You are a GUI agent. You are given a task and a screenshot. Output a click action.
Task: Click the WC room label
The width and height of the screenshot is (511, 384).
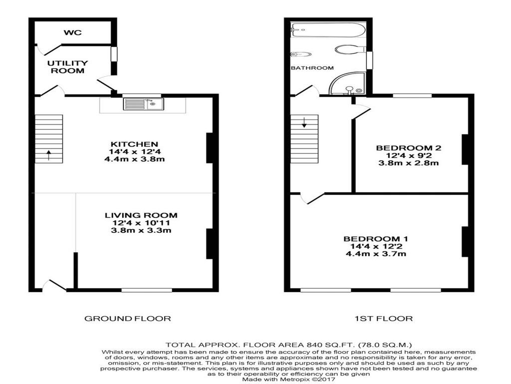tap(73, 32)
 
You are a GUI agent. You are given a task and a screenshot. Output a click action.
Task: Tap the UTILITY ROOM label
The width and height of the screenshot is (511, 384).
tap(68, 67)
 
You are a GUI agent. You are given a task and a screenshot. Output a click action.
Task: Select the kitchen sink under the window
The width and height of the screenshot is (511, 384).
tap(143, 104)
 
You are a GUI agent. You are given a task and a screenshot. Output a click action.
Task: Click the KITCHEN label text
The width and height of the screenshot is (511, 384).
tap(134, 144)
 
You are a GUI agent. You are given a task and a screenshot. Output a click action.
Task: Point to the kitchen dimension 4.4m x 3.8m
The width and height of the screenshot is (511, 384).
tap(134, 159)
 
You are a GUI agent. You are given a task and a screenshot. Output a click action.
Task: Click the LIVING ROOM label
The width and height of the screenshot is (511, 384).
tap(141, 215)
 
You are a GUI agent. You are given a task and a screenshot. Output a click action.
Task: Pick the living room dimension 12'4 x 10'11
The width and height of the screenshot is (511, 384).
tap(141, 223)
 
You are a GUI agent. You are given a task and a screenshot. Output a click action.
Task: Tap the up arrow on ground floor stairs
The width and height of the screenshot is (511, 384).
tap(48, 155)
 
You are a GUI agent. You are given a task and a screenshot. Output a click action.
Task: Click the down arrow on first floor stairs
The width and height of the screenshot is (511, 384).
tap(304, 122)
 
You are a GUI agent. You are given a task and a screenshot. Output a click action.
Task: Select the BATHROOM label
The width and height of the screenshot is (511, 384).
tap(312, 68)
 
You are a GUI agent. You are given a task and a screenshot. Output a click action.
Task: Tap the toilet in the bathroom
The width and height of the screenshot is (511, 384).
tap(350, 49)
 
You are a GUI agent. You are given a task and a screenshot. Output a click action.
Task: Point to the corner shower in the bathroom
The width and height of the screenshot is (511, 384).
tap(348, 84)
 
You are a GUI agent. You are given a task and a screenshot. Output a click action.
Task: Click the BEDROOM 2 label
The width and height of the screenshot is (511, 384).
tap(409, 148)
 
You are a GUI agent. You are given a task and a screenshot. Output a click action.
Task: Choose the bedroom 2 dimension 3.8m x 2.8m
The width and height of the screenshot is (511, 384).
tap(409, 163)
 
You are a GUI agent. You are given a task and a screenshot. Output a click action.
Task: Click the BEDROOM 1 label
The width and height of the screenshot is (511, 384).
tap(376, 238)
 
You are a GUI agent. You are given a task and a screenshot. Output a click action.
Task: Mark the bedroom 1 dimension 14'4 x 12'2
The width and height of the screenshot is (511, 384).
tap(376, 246)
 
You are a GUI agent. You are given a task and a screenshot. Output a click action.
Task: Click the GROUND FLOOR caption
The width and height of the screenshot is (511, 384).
tap(127, 318)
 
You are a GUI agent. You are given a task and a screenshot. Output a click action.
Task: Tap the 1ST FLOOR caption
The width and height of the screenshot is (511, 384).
tap(384, 318)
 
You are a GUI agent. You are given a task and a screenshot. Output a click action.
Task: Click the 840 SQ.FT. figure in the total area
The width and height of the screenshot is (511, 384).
tap(330, 345)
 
